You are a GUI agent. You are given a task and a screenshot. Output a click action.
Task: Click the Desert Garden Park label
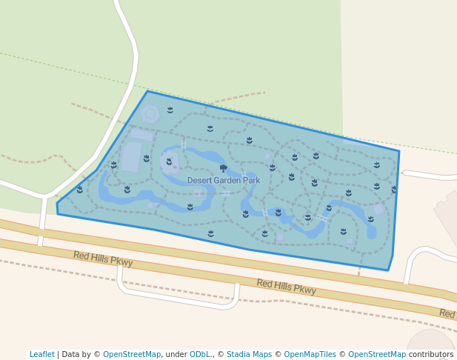tap(223, 181)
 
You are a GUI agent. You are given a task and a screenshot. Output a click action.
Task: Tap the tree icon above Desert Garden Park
tap(223, 169)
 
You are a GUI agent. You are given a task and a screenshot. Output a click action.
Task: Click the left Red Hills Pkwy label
tap(103, 259)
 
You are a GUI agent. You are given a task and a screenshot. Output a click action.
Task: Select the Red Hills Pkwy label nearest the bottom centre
tap(286, 287)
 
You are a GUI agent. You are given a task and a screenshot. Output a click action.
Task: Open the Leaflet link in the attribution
tap(41, 355)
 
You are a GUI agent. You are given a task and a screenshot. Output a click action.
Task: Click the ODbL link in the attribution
tap(201, 355)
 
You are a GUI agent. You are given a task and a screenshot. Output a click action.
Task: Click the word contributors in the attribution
tap(431, 355)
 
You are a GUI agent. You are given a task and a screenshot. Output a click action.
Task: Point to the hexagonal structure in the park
tap(150, 113)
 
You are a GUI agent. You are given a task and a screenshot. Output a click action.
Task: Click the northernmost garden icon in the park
tap(170, 110)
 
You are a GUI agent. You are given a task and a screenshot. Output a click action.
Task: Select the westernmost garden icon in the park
tap(80, 190)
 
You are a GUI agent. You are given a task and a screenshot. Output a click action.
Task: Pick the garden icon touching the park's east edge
tap(394, 190)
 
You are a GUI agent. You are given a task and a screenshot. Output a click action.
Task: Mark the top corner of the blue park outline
tap(147, 91)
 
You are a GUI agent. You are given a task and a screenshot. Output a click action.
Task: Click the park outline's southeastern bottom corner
tap(387, 270)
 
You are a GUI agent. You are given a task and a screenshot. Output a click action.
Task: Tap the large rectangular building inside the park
tap(131, 157)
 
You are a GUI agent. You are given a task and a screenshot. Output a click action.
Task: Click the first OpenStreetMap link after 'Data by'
tap(131, 355)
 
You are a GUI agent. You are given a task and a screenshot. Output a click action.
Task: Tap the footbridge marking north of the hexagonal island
tap(184, 144)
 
